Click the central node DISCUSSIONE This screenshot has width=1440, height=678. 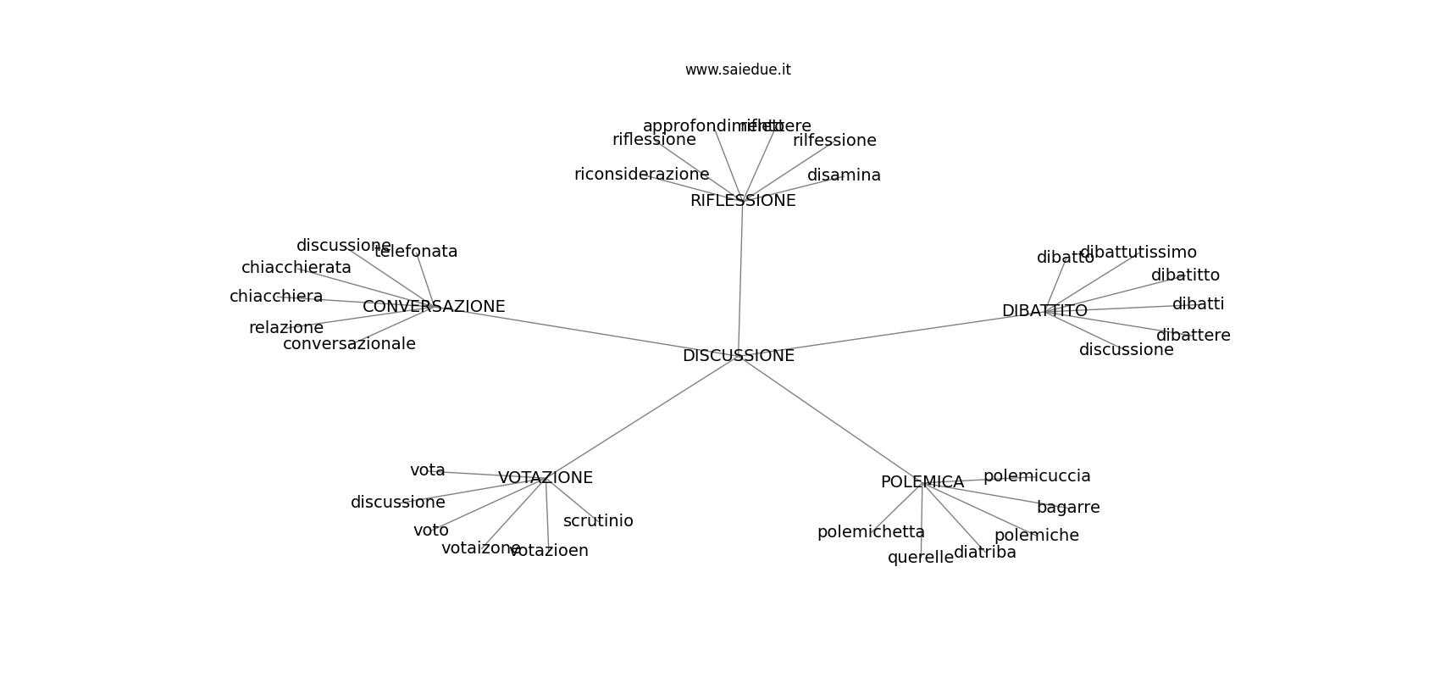pos(738,356)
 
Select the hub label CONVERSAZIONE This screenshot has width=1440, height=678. pos(434,307)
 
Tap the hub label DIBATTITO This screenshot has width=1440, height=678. pos(1044,311)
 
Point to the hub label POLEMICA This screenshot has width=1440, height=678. pos(922,482)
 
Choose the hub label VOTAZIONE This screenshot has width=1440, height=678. pos(545,478)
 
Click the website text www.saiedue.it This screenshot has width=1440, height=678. pos(738,69)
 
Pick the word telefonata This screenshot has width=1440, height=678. pos(416,252)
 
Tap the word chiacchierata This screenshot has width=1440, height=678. pos(296,268)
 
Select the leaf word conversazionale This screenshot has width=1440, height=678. pos(349,344)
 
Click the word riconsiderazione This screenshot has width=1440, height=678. pos(641,175)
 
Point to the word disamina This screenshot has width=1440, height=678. pos(844,175)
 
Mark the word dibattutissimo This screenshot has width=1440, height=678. pos(1138,253)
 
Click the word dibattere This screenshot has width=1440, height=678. pos(1193,336)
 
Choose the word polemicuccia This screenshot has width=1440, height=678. pos(1037,476)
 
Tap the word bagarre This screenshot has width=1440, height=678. pos(1068,508)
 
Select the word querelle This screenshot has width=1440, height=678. pos(920,558)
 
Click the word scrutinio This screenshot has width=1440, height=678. pos(598,521)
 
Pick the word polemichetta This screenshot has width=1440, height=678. pos(871,532)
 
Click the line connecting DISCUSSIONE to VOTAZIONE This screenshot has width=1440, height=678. pos(640,417)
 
